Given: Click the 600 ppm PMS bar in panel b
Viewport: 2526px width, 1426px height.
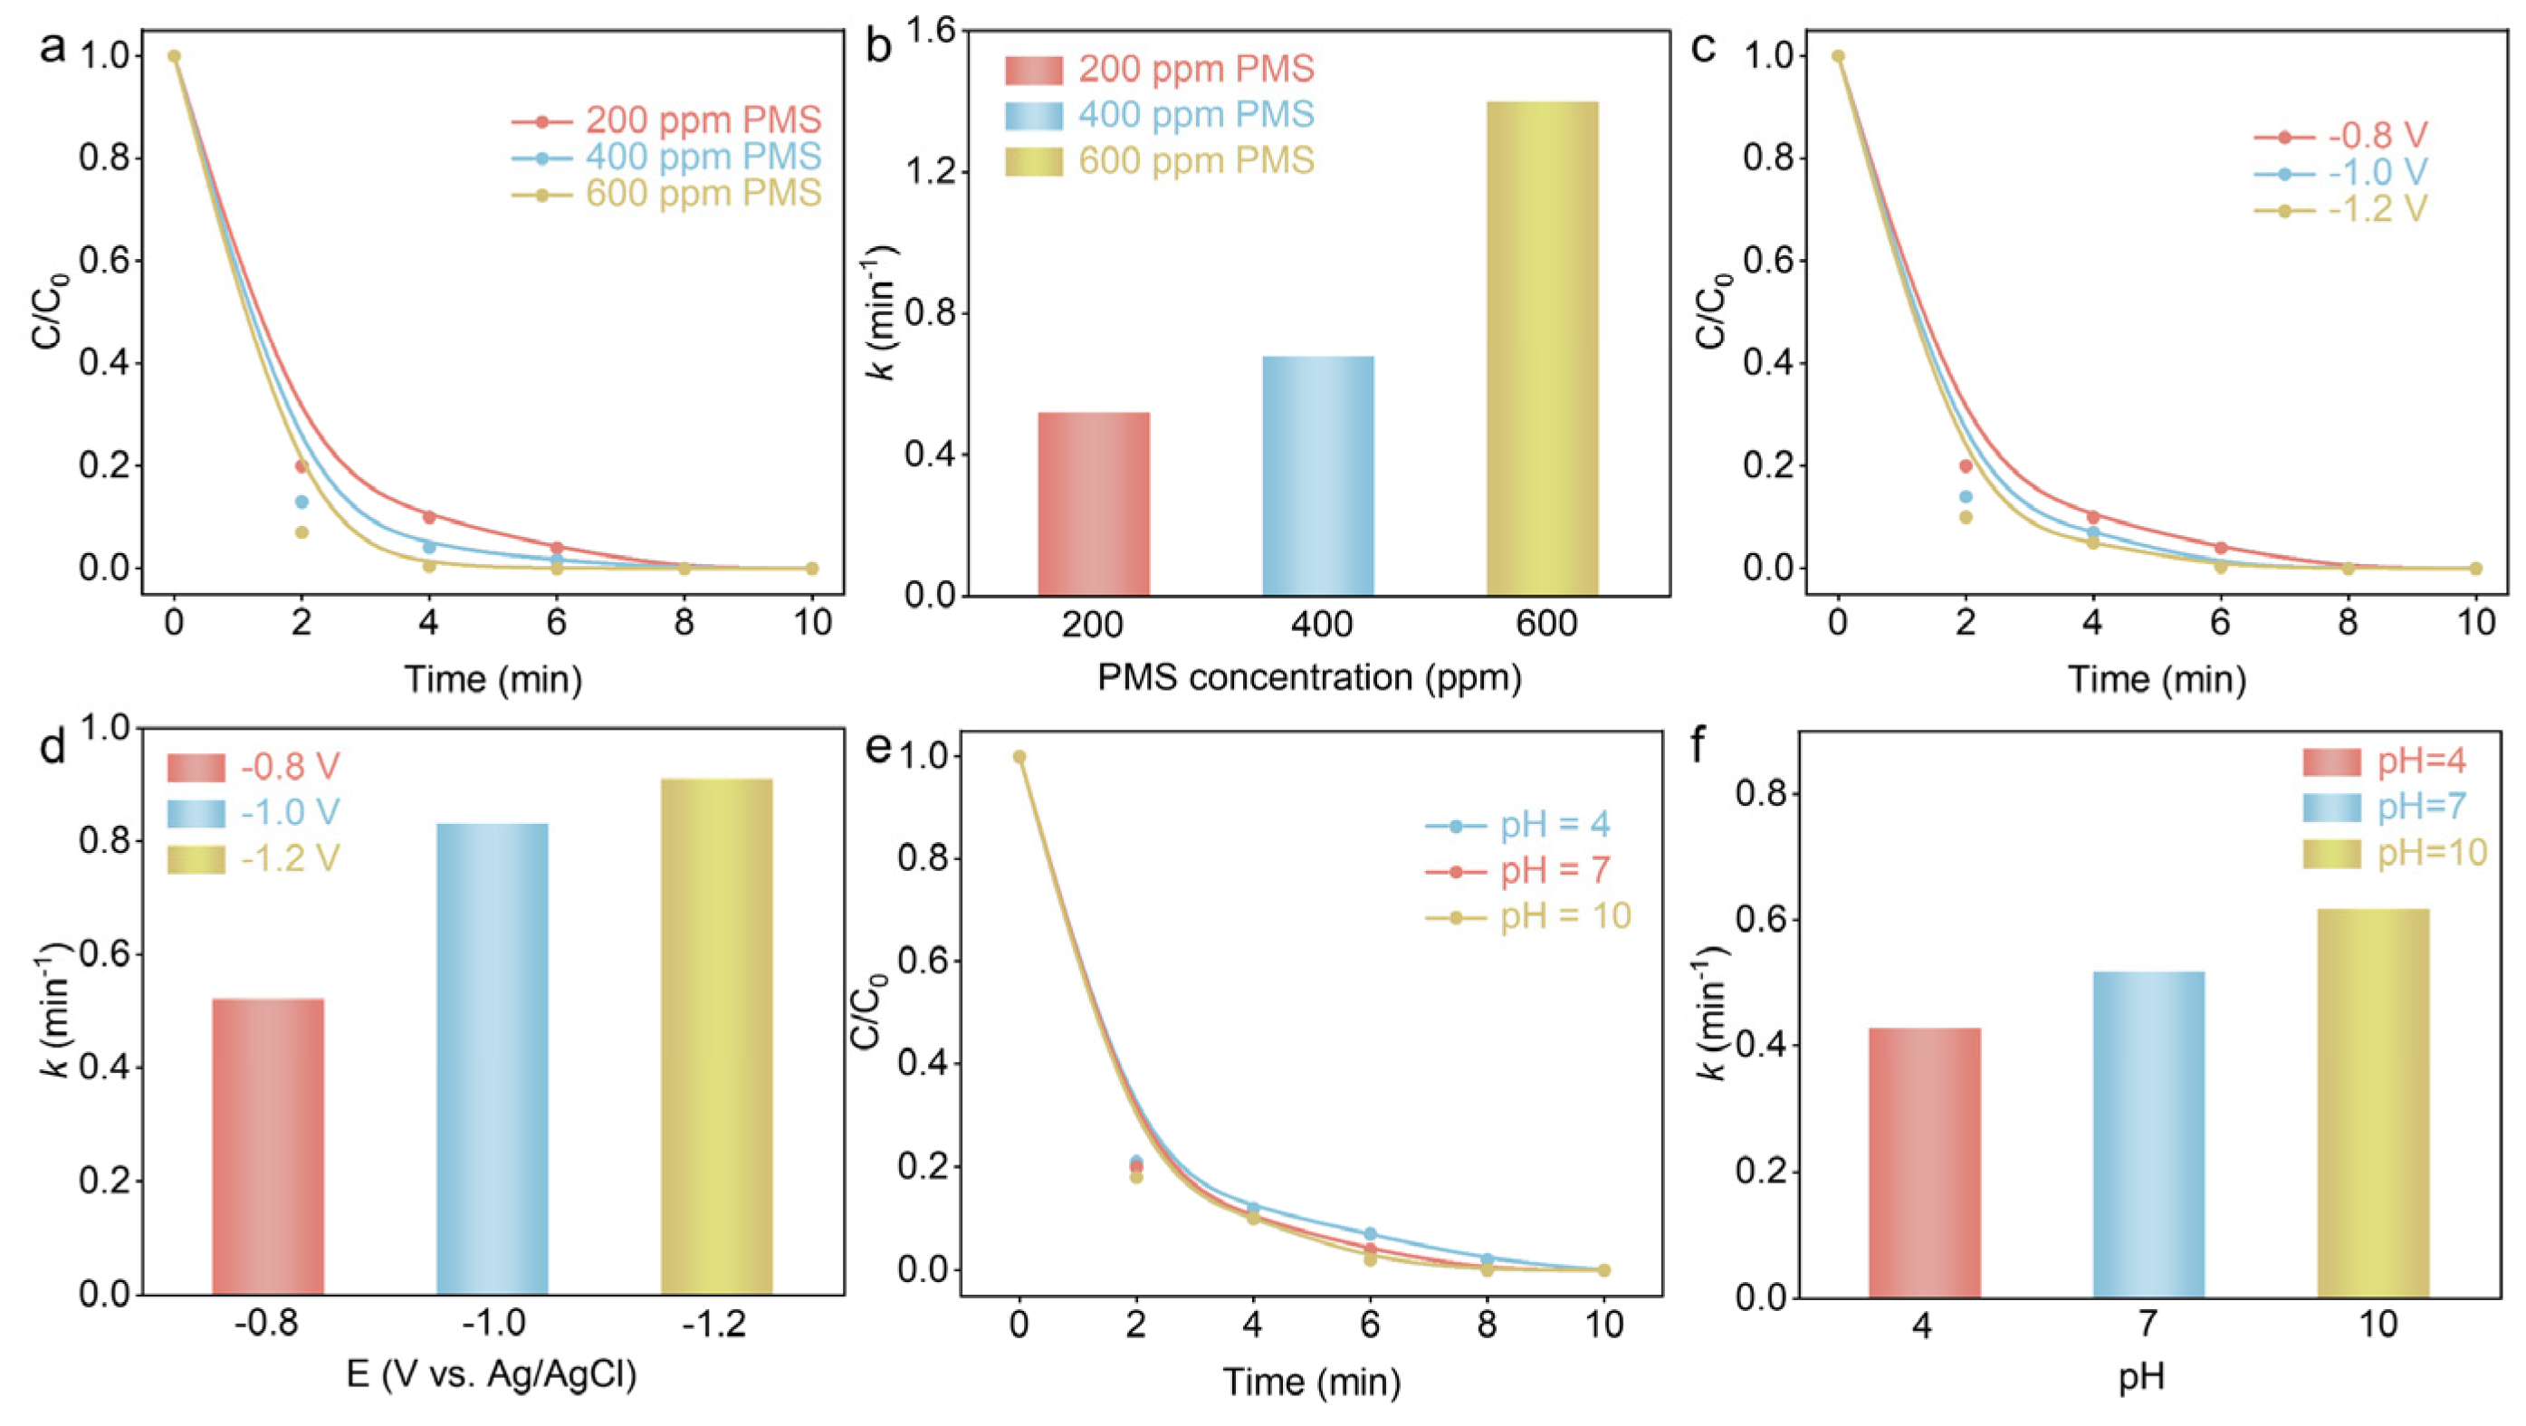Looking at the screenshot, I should click(x=1542, y=349).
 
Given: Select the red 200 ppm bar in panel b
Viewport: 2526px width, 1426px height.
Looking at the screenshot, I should click(x=1093, y=503).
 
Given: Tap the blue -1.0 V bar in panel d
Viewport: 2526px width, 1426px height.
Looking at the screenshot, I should click(x=493, y=1058).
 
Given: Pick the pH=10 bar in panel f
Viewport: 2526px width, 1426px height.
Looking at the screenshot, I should click(x=2372, y=1103).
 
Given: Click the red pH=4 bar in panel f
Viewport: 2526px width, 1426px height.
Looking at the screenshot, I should click(x=1924, y=1163).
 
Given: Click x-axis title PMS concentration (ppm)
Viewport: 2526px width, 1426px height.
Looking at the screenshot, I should click(x=1309, y=678).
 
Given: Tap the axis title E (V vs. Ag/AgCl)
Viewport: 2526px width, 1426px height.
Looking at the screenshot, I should click(x=493, y=1375).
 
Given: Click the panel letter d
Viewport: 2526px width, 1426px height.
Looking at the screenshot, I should click(x=51, y=747).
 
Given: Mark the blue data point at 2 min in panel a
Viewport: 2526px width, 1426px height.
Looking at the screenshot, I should click(x=302, y=502).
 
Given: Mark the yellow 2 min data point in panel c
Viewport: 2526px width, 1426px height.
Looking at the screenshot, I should click(x=1965, y=517).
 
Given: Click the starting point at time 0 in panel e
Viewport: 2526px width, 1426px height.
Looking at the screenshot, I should click(x=1019, y=756).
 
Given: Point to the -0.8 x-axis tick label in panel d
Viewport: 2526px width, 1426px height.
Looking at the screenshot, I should click(x=267, y=1324).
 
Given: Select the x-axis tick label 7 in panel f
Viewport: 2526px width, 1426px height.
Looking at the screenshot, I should click(x=2148, y=1325).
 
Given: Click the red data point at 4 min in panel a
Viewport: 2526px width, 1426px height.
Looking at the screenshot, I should click(x=428, y=517).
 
